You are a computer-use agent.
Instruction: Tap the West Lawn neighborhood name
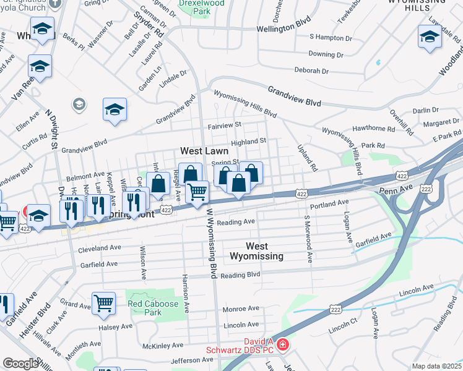point(204,151)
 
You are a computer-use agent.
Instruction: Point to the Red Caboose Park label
point(153,308)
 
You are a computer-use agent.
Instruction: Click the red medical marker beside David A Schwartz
point(282,344)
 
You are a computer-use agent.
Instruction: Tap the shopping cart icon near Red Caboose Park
point(103,303)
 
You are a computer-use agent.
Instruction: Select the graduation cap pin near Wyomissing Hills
point(430,37)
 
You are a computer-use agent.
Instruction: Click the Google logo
point(20,364)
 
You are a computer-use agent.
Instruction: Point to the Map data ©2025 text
point(437,366)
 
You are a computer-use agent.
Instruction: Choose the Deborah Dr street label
point(311,71)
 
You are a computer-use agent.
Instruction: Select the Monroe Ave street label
point(241,309)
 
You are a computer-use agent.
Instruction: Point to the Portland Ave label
point(330,203)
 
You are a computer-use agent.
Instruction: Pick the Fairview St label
point(225,125)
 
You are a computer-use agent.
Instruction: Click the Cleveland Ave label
point(98,250)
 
